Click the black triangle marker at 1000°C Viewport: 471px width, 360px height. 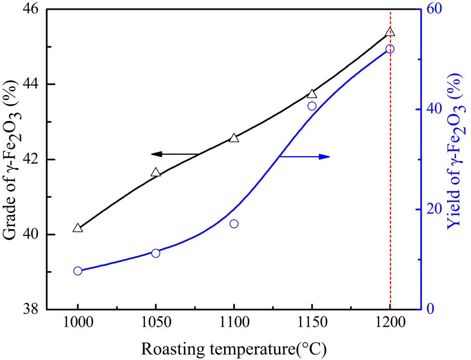pos(78,228)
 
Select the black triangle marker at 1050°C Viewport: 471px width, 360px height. pos(156,173)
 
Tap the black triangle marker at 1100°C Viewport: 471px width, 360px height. pos(234,138)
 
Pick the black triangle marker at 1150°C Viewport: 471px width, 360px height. pos(312,94)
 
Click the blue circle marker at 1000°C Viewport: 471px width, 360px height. pos(78,271)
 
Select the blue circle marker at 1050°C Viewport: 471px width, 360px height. pos(156,253)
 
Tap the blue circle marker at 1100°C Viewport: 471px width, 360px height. pos(234,224)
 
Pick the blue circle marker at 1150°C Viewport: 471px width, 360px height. pos(312,106)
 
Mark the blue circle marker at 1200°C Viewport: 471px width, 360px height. pos(390,49)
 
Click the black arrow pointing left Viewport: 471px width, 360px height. pos(175,154)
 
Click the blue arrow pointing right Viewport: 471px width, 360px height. pos(306,157)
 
